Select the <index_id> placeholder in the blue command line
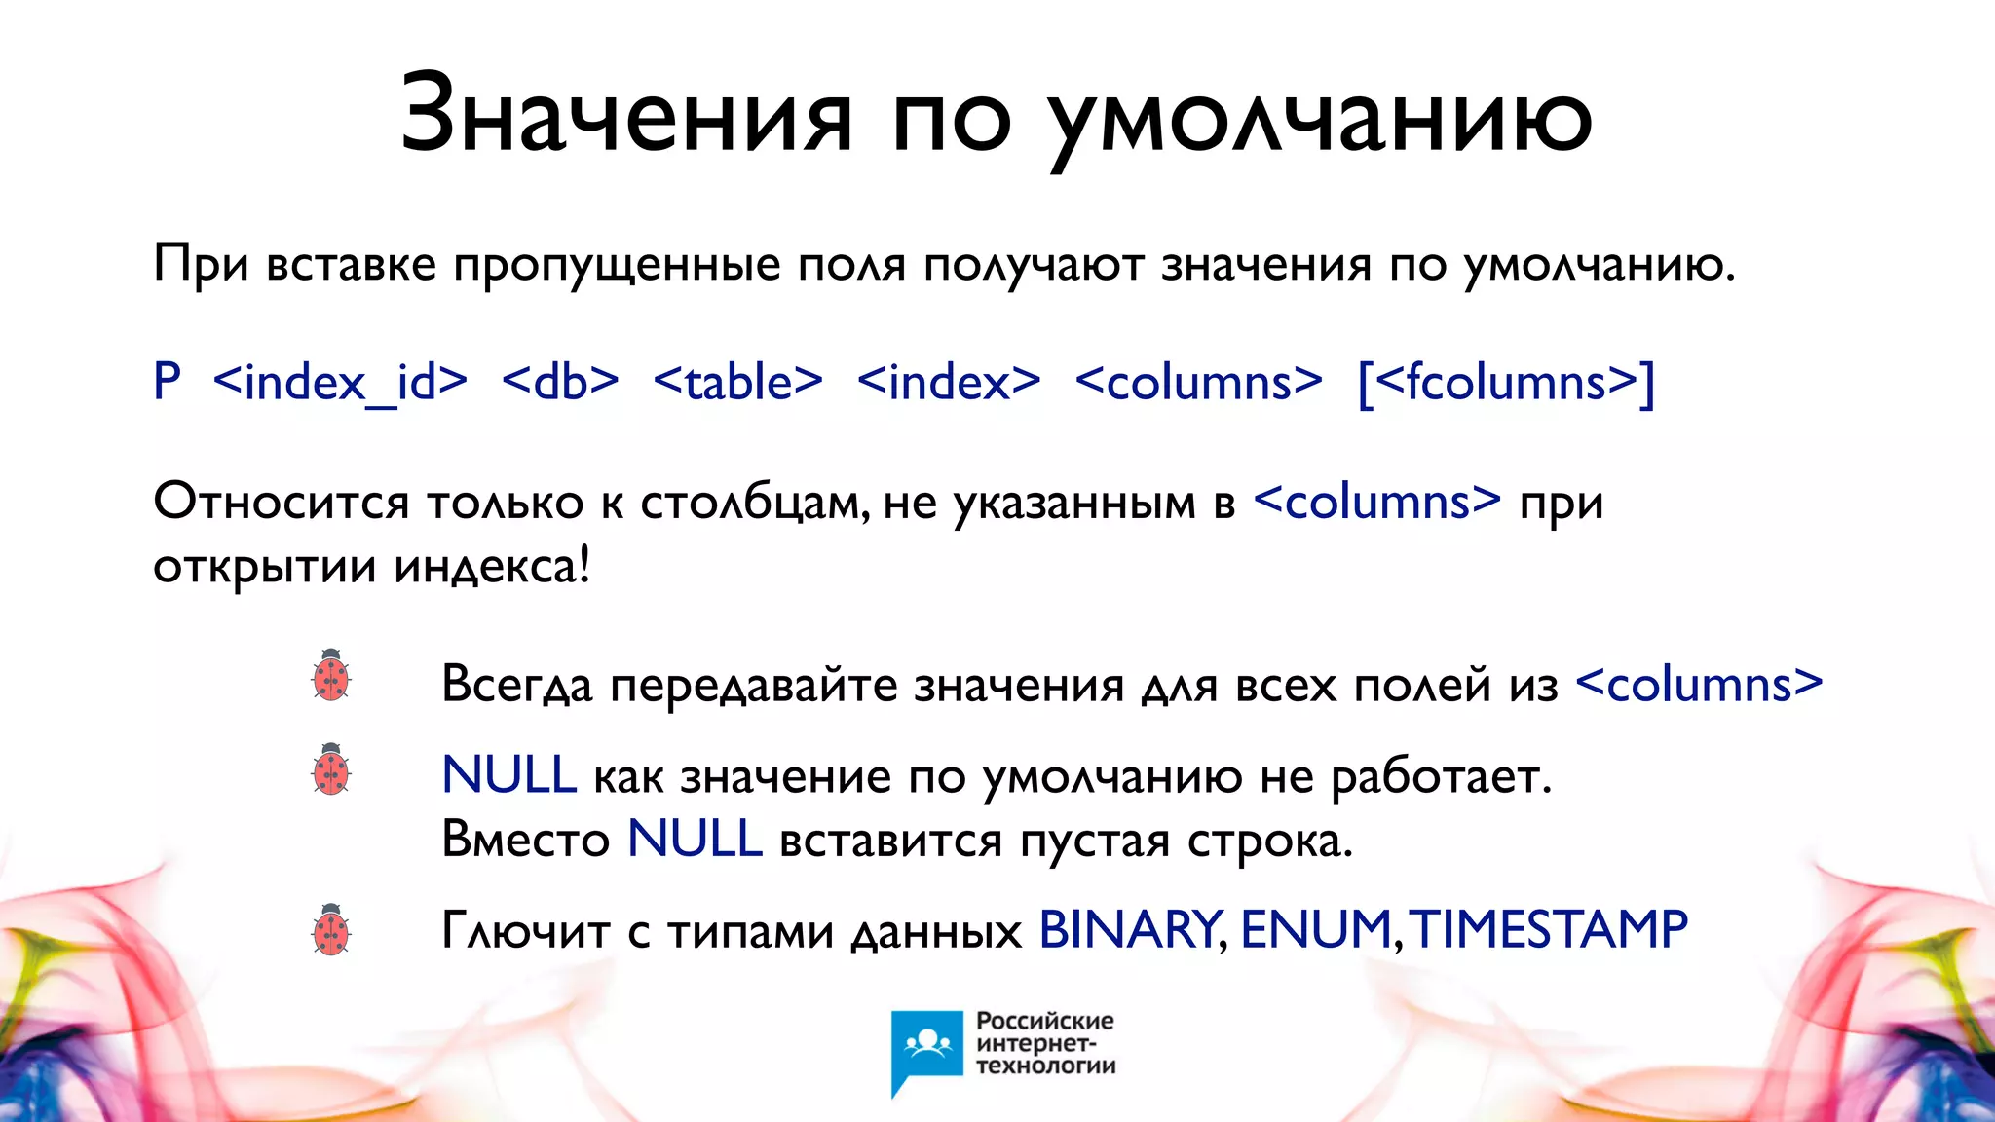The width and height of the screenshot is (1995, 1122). click(x=340, y=382)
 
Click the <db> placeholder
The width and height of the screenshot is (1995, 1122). click(x=560, y=382)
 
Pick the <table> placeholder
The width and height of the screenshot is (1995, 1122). click(x=738, y=382)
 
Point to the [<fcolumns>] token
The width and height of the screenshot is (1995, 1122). click(x=1506, y=382)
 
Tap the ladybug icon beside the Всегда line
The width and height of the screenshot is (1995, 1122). click(x=331, y=675)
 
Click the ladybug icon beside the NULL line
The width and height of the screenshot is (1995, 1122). click(x=331, y=768)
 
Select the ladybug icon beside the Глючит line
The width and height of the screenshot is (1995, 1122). click(x=331, y=929)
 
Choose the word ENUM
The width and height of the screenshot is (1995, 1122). click(x=1315, y=929)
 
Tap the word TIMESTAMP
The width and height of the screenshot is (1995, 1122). click(x=1549, y=929)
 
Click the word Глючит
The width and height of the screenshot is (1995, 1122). click(x=526, y=931)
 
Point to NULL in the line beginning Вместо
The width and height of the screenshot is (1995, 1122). click(x=694, y=839)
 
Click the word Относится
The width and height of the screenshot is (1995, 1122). click(x=281, y=503)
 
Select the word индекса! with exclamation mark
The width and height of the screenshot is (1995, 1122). click(x=492, y=567)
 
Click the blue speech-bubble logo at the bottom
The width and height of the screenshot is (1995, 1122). click(x=926, y=1050)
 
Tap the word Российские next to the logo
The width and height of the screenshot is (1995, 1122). click(x=1044, y=1021)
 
